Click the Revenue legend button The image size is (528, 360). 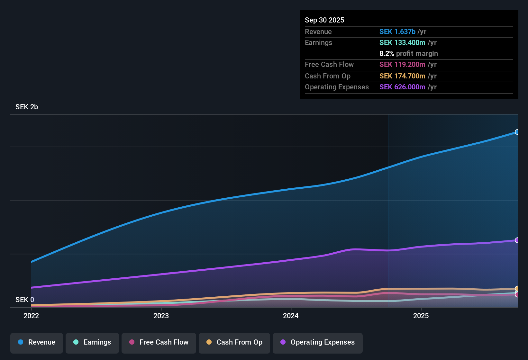[37, 342]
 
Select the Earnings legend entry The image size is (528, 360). [92, 342]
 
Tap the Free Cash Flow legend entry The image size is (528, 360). [159, 342]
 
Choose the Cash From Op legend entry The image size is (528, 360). [234, 342]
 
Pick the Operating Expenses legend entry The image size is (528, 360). [318, 342]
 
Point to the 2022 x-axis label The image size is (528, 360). [31, 316]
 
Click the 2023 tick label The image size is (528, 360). [161, 316]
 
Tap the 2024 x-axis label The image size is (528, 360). [291, 316]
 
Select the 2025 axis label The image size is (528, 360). [421, 316]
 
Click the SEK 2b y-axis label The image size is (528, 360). [27, 107]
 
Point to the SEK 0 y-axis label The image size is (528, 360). [25, 300]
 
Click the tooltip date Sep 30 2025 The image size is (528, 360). [324, 20]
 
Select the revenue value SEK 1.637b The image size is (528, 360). [397, 32]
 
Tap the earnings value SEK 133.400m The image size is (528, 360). [402, 43]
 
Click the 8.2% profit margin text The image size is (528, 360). [408, 54]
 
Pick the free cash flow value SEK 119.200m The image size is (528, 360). [402, 65]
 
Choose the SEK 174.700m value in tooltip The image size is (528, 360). [402, 76]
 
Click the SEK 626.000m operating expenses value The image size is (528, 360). [402, 87]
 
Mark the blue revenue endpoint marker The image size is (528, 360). [517, 132]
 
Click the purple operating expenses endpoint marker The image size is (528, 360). [517, 240]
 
